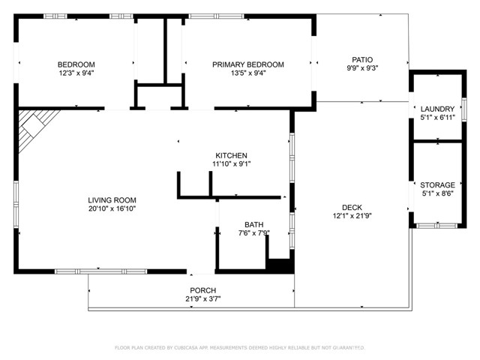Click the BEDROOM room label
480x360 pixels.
76,64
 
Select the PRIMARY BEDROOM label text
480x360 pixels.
248,64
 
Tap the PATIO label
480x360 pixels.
362,59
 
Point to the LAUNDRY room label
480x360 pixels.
437,109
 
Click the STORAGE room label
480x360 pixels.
437,185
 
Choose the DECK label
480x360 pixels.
352,208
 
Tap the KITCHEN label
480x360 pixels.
231,155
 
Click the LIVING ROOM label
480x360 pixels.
112,199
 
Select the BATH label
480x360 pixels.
253,224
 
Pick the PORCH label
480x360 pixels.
202,290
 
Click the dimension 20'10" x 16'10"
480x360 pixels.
112,208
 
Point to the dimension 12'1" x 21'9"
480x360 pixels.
352,217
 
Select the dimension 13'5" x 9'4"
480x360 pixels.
248,73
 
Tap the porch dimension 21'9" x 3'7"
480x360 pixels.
202,299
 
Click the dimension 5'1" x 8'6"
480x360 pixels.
437,194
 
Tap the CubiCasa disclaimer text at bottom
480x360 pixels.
239,347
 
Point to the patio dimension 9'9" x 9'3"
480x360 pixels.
362,68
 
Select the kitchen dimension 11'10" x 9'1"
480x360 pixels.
231,164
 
